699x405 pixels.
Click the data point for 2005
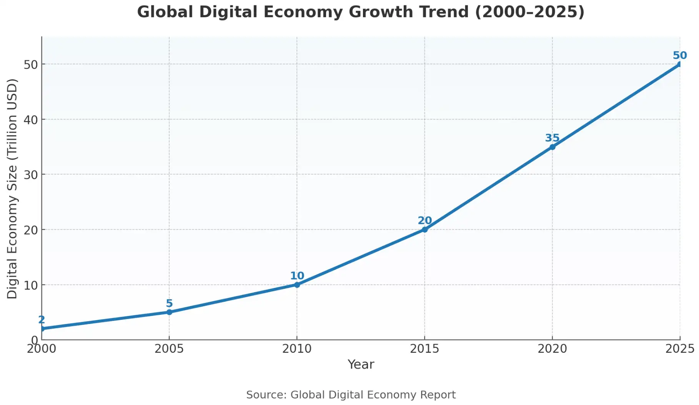point(169,312)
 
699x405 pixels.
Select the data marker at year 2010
point(297,284)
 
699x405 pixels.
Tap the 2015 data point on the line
point(424,230)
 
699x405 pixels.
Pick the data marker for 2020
point(552,147)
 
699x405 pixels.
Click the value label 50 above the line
point(679,55)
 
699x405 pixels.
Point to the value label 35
point(552,138)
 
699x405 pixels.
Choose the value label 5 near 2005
point(169,303)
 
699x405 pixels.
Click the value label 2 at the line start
point(42,320)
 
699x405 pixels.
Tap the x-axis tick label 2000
point(42,349)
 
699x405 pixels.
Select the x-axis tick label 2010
point(297,349)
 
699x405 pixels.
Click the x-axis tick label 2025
point(680,349)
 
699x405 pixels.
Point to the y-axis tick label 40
point(31,119)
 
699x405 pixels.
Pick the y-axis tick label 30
point(31,175)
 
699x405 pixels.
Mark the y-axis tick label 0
point(35,340)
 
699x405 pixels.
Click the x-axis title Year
point(361,364)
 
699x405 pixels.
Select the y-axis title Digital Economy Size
point(12,188)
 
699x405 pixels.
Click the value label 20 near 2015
point(424,221)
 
